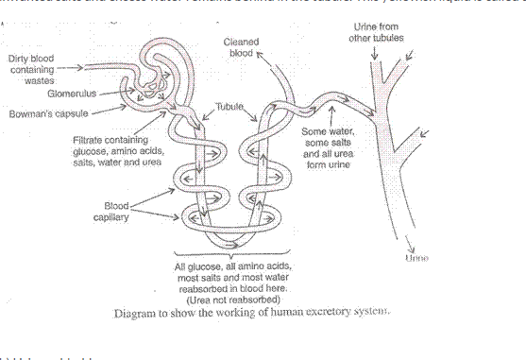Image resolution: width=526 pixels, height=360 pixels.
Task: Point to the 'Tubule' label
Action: [x=229, y=108]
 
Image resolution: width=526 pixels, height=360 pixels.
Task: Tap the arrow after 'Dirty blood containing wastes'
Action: [x=70, y=69]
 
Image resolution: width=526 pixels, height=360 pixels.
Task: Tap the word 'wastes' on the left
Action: [x=38, y=80]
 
